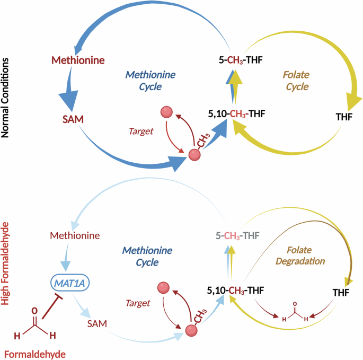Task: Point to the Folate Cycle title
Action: pyautogui.click(x=295, y=80)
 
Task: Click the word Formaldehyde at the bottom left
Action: pyautogui.click(x=31, y=353)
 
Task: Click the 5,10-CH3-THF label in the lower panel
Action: pyautogui.click(x=235, y=290)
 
